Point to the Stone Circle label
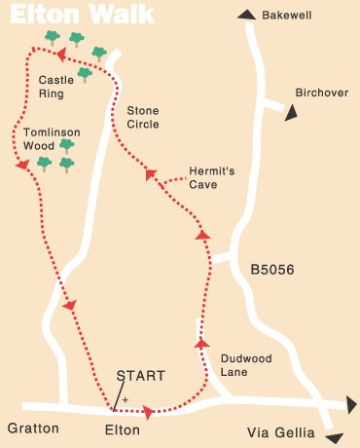click(143, 117)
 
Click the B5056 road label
click(271, 268)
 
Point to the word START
click(141, 376)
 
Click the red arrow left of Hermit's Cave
click(151, 174)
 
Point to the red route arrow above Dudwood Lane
click(201, 343)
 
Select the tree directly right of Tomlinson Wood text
click(66, 144)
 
